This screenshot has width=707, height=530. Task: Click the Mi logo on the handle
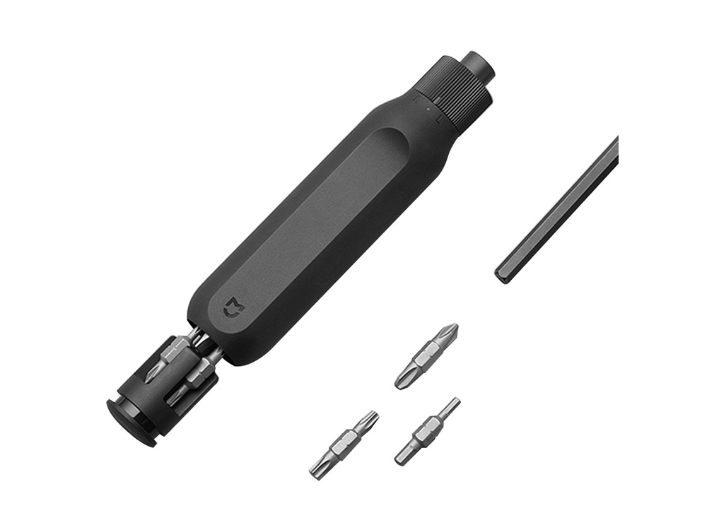[231, 307]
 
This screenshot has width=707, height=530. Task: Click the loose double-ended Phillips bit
[426, 356]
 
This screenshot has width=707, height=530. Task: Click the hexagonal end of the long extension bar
[503, 273]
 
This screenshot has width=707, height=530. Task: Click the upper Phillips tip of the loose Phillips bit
[450, 331]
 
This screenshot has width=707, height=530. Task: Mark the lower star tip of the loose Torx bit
[317, 469]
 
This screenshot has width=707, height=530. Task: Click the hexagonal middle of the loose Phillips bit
[426, 356]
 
